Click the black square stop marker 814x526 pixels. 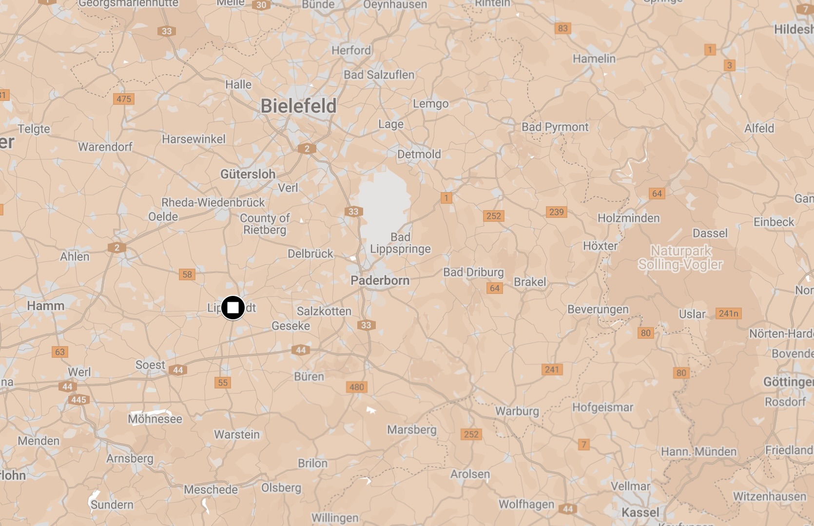click(233, 308)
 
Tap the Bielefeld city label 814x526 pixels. click(298, 106)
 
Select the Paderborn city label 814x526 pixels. click(380, 280)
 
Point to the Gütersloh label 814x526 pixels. click(248, 174)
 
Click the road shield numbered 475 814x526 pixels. click(124, 99)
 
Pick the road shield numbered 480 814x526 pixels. click(357, 387)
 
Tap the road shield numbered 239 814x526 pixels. click(556, 212)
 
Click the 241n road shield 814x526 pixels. click(728, 313)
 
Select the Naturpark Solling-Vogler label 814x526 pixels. click(680, 258)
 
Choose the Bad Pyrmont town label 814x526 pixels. click(555, 127)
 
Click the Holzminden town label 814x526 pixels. click(628, 218)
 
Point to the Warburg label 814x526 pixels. click(517, 411)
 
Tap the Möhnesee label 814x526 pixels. click(155, 419)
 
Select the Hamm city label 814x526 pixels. click(46, 306)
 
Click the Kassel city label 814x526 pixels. click(640, 512)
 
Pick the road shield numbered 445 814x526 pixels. click(78, 400)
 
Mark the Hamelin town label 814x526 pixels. click(594, 59)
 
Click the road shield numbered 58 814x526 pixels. click(187, 274)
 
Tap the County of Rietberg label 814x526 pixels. click(265, 224)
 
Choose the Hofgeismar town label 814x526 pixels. click(602, 408)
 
